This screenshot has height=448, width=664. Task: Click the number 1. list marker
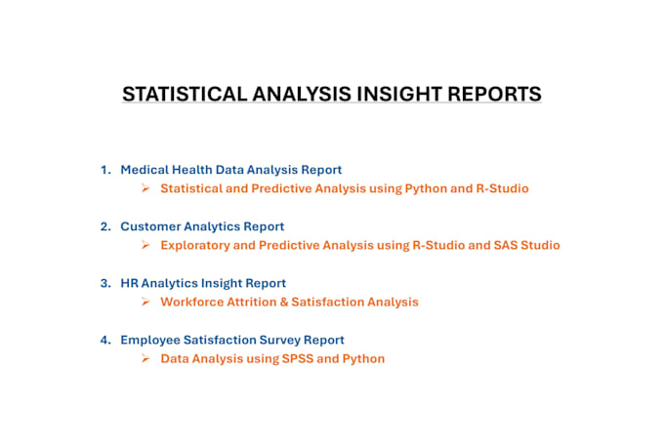click(x=106, y=170)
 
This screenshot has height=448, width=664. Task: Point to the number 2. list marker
click(x=106, y=226)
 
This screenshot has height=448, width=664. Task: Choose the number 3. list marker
click(x=106, y=283)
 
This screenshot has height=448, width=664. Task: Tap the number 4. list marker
click(x=106, y=340)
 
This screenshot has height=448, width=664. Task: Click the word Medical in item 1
click(x=143, y=170)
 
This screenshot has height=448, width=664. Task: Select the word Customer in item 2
click(x=149, y=226)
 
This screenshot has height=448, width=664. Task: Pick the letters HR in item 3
click(x=129, y=283)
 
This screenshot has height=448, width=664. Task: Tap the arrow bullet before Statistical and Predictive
click(x=145, y=188)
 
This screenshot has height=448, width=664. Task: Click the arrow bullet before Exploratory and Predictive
click(x=145, y=245)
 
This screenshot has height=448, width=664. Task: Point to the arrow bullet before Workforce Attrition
click(x=145, y=302)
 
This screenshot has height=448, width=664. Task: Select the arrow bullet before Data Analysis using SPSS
click(x=145, y=358)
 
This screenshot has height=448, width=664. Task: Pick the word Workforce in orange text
click(x=191, y=302)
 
